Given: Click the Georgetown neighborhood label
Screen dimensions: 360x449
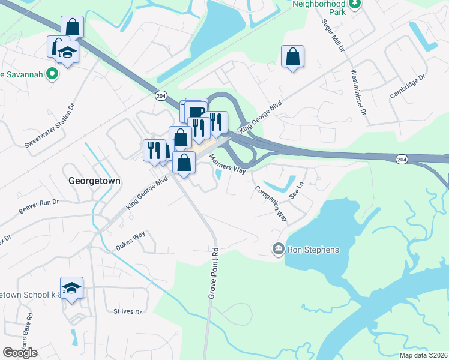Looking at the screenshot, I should (x=95, y=180).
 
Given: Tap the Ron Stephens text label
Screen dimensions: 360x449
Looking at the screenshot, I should (x=313, y=250).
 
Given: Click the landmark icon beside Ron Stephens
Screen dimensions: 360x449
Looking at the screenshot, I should (x=278, y=249).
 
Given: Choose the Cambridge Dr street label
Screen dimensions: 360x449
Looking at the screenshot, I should (x=407, y=87).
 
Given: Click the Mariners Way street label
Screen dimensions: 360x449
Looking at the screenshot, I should (x=228, y=164).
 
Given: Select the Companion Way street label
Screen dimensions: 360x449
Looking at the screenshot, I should (x=271, y=203).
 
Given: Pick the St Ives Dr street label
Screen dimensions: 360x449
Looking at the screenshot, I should (x=127, y=312).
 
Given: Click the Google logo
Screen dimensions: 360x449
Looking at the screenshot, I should (x=20, y=352).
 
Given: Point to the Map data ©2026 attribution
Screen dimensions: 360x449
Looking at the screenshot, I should (x=423, y=355).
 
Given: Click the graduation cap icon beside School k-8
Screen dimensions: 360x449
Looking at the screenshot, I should (x=71, y=289).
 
